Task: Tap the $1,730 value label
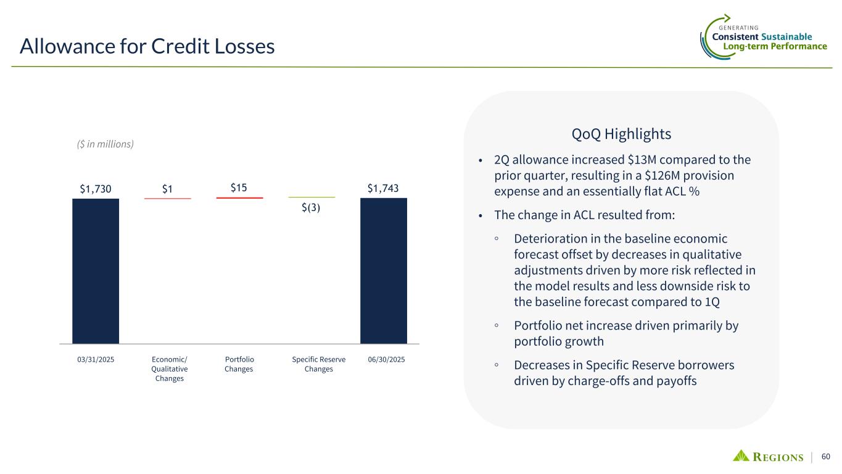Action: (x=96, y=189)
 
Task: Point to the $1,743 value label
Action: (x=384, y=189)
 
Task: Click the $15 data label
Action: (x=239, y=188)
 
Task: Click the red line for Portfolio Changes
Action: (x=239, y=197)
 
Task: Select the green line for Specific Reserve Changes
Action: (x=312, y=197)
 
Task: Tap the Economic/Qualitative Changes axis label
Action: (x=169, y=368)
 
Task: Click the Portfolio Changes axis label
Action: (x=239, y=364)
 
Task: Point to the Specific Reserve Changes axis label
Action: (x=318, y=364)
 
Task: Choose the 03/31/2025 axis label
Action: (x=96, y=359)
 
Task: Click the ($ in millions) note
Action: (x=101, y=144)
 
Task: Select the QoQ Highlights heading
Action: (x=621, y=134)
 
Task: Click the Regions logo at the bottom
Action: (x=768, y=457)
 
